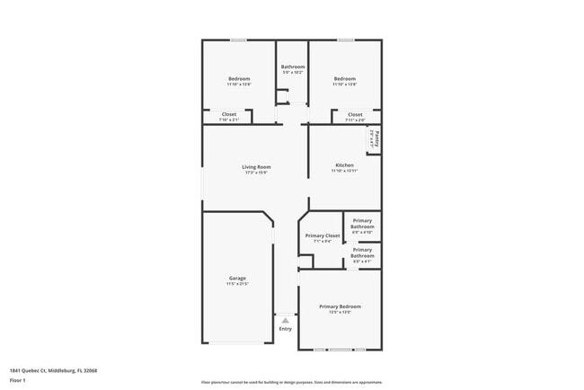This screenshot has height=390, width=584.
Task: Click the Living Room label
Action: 256,166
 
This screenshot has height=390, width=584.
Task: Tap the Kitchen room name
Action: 344,165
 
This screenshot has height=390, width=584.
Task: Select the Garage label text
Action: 237,278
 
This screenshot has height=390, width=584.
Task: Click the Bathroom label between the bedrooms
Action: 293,66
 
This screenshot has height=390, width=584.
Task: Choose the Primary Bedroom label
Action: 340,306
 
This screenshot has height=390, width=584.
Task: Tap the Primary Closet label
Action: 322,235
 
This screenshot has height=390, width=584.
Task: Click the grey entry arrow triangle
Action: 285,319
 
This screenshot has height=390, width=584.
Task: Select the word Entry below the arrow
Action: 285,329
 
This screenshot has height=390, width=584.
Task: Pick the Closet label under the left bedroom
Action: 228,114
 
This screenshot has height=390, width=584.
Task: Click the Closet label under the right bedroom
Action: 355,114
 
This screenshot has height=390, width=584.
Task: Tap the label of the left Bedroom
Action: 238,78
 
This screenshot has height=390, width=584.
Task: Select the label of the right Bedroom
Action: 345,78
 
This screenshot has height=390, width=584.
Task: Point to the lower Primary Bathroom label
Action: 362,253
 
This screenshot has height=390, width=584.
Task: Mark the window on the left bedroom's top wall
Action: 238,40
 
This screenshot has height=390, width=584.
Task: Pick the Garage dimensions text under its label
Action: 237,284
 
